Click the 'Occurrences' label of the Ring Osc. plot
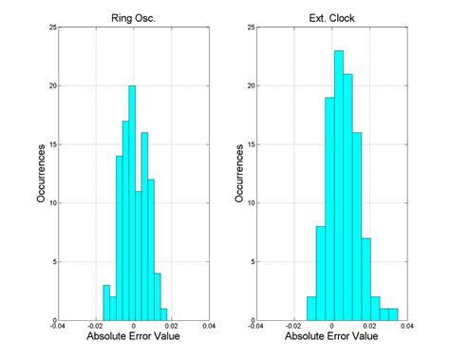[x=30, y=174]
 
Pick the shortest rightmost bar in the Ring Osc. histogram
[x=163, y=313]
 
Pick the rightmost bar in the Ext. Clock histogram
[x=394, y=313]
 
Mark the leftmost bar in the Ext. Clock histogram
[x=310, y=308]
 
